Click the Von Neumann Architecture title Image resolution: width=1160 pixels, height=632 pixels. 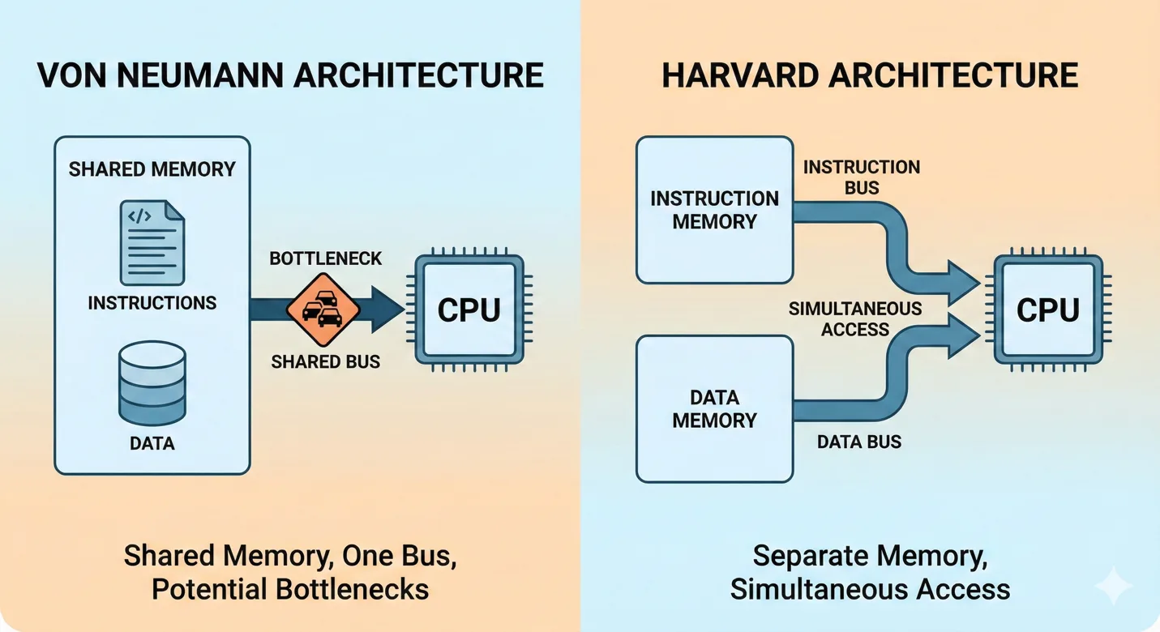coord(290,75)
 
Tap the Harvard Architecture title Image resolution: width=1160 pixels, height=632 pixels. coord(870,75)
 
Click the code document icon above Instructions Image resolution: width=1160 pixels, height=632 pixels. coord(152,243)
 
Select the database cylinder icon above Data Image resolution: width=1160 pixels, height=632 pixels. coord(152,382)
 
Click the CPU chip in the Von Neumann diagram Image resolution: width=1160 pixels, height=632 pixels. coord(469,310)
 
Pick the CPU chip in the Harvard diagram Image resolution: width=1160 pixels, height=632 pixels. coord(1047,310)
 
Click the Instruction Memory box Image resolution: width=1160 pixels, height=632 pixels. coord(714,210)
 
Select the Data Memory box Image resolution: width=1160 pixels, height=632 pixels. coord(714,409)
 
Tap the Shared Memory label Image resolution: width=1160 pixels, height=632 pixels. coord(152,169)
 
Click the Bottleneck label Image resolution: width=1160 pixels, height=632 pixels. coord(325,259)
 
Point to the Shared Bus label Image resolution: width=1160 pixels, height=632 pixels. coord(325,361)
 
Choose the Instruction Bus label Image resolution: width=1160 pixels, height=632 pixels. coord(861,177)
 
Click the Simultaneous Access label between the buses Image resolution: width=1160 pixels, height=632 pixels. coord(854,318)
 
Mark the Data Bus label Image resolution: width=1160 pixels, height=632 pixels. coord(858,442)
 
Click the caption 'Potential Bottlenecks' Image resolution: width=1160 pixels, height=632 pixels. coord(290,589)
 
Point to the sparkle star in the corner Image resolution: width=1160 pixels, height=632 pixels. coord(1112,585)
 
